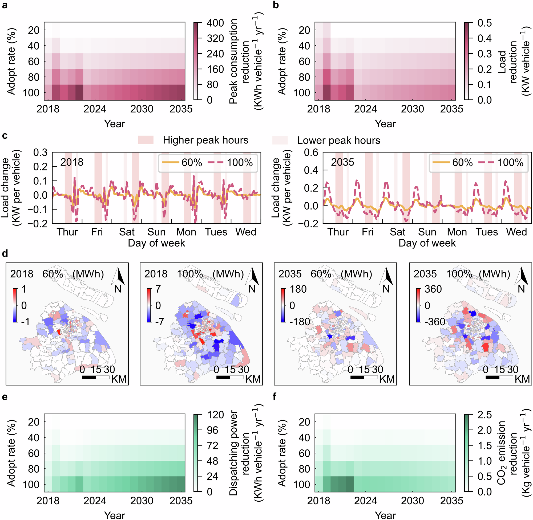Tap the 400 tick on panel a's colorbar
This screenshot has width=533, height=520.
pos(215,23)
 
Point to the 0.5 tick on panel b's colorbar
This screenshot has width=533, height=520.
pos(484,23)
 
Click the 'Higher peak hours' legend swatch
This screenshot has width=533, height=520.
pos(146,140)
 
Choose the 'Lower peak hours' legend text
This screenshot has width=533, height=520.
pos(338,140)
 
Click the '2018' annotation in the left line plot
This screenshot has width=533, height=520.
pos(72,162)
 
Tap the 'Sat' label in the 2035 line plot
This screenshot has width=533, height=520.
pos(397,232)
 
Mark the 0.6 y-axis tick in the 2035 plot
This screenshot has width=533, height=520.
pos(311,152)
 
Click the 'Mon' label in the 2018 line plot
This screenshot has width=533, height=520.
pos(186,232)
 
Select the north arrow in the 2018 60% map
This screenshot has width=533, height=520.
pos(118,276)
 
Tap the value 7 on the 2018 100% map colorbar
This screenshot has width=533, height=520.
pos(158,289)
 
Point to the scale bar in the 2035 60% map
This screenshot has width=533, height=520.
pos(364,377)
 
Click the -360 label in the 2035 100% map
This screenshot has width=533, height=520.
pos(435,322)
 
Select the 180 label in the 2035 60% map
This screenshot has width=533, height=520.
pos(298,289)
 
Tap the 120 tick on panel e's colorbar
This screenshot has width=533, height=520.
pos(215,415)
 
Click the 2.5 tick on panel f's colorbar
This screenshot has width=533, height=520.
pos(484,415)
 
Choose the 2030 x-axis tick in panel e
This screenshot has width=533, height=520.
pos(141,501)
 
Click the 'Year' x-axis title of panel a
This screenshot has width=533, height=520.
pos(115,124)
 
